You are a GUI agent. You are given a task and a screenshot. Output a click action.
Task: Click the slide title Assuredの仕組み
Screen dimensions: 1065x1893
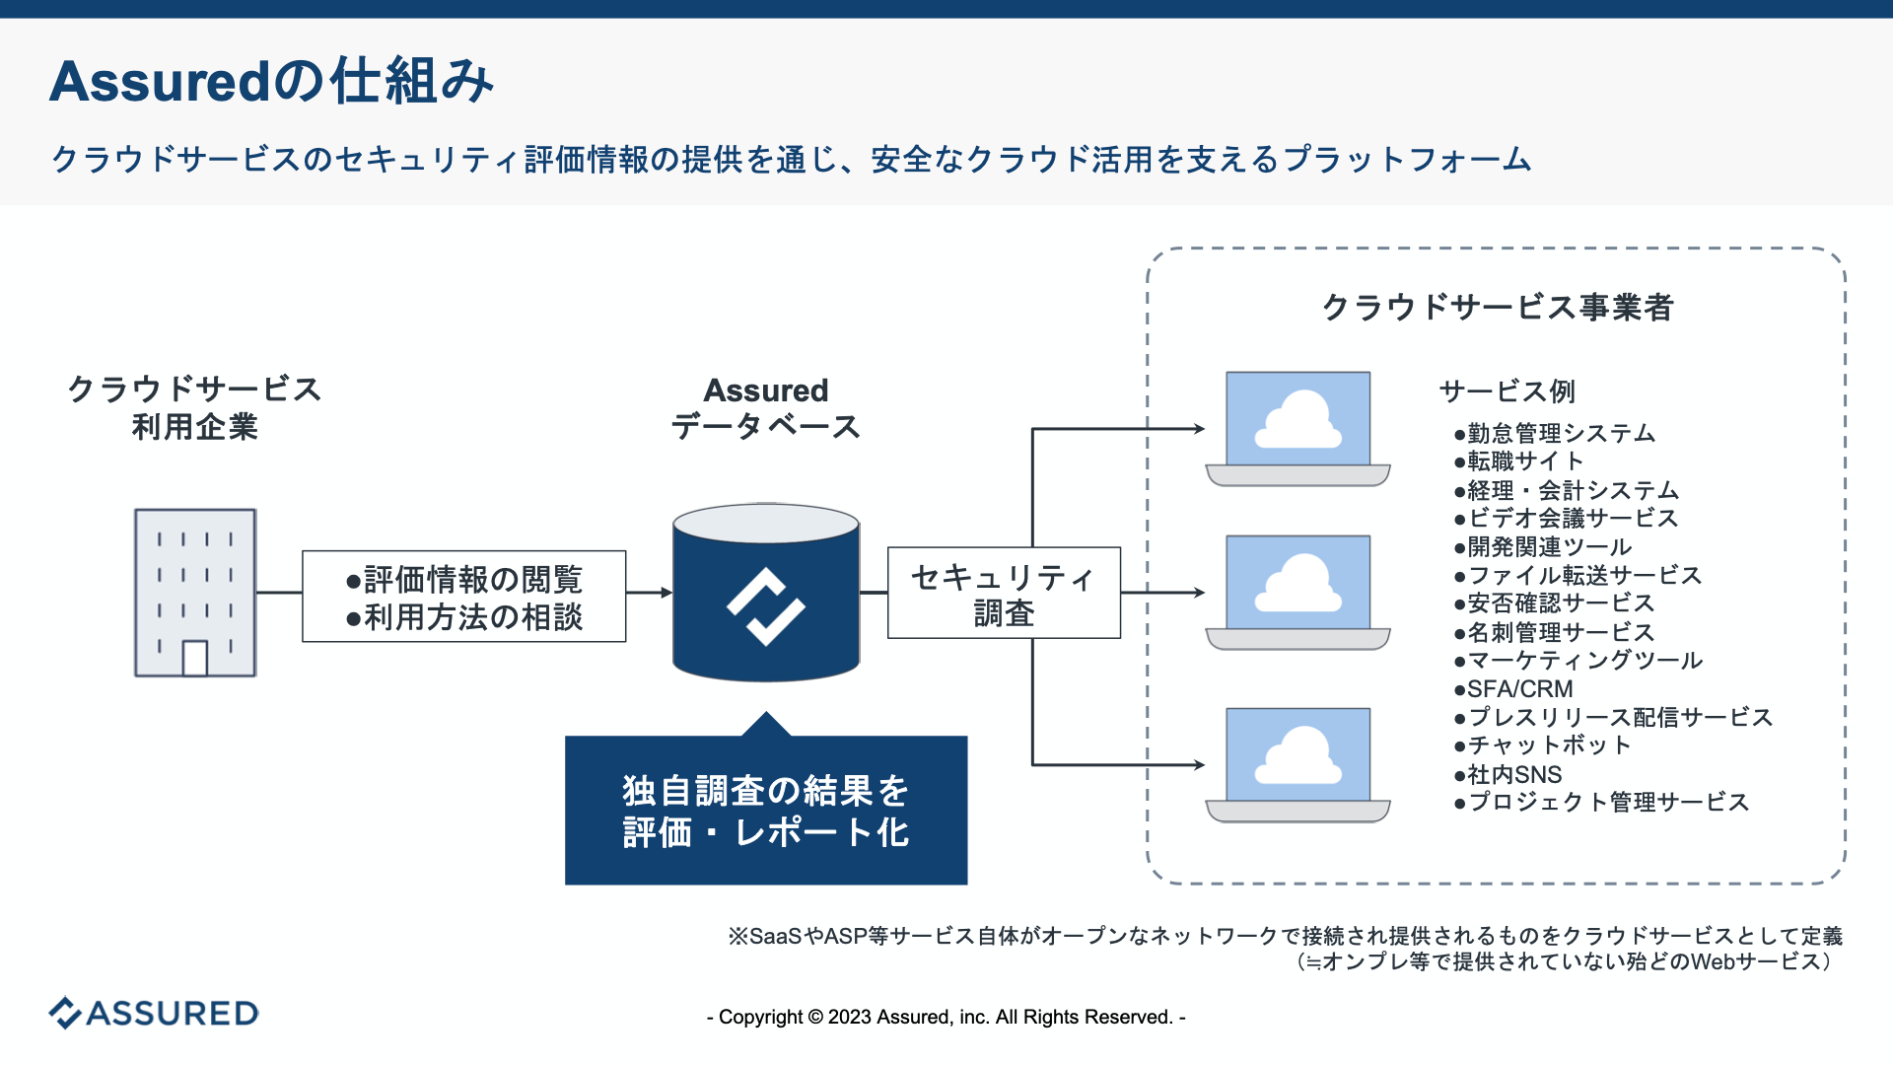coord(271,81)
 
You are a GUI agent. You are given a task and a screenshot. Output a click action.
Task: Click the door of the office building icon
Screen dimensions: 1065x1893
coord(195,658)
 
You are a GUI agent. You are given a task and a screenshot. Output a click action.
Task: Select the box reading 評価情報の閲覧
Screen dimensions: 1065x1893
coord(463,597)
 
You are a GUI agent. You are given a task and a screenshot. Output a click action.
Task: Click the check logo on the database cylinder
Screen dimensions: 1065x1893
coord(766,605)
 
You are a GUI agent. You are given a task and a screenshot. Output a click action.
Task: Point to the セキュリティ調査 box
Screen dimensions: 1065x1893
coord(1004,594)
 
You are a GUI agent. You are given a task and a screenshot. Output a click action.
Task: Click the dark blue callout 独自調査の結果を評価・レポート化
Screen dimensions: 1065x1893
coord(766,811)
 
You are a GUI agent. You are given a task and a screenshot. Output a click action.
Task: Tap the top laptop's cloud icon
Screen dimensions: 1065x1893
coord(1297,421)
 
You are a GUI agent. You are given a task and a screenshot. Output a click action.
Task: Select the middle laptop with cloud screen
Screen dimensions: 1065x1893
coord(1297,592)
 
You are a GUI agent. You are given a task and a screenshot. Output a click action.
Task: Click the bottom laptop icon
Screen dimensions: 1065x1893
coord(1297,764)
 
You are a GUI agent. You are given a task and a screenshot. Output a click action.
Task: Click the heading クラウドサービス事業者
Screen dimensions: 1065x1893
coord(1497,307)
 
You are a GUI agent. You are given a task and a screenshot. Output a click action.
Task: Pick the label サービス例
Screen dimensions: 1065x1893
coord(1507,391)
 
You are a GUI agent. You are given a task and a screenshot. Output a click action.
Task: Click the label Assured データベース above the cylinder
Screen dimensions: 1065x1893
coord(766,408)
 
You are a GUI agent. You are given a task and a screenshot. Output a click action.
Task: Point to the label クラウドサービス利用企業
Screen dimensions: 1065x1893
coord(194,407)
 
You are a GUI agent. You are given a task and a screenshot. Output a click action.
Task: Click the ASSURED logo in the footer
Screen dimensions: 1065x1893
coord(155,1013)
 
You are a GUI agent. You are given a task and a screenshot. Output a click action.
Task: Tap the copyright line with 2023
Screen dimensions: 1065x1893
coord(946,1017)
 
